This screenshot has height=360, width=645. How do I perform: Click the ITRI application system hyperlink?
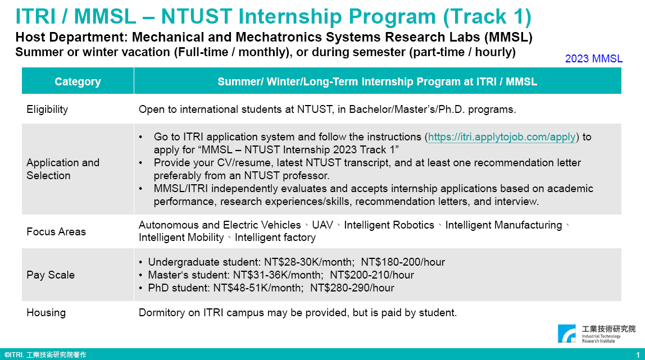(502, 137)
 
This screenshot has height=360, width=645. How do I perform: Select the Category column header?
(78, 82)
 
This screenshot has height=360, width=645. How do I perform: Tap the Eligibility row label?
(47, 110)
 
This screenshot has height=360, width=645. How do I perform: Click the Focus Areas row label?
(56, 231)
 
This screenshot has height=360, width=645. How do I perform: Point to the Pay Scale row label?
(51, 275)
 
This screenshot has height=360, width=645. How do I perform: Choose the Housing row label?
(46, 313)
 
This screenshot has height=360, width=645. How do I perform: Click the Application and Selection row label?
(62, 169)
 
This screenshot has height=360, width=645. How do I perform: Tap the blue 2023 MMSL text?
(593, 59)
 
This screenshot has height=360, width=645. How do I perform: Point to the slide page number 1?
(638, 354)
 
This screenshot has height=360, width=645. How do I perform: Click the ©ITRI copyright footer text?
(46, 355)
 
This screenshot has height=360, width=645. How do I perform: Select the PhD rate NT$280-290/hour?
(352, 288)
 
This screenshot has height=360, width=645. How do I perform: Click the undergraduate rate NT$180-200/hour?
(403, 262)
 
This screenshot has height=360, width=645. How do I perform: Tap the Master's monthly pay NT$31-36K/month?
(278, 275)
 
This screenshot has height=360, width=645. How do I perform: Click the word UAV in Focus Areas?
(322, 225)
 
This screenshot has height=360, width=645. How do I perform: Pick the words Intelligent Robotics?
(389, 225)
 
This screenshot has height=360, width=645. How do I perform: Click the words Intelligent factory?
(275, 238)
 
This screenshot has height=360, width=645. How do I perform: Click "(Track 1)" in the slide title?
(487, 16)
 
